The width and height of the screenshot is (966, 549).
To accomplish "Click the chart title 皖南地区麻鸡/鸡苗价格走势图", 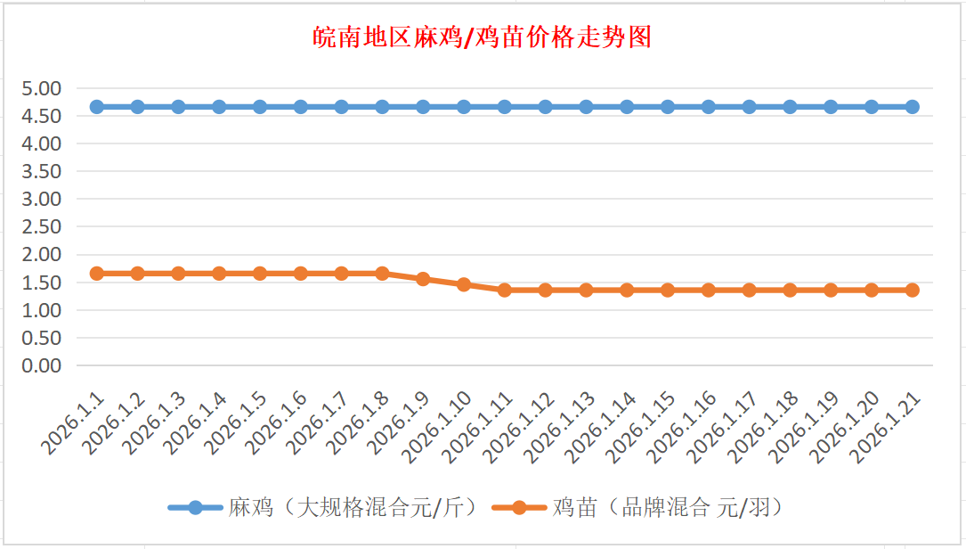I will pyautogui.click(x=482, y=37).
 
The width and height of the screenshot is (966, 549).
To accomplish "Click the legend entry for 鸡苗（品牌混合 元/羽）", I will pyautogui.click(x=654, y=508).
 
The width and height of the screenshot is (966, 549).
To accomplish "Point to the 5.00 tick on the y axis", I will pyautogui.click(x=42, y=88).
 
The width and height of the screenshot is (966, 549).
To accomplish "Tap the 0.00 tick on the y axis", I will pyautogui.click(x=42, y=365).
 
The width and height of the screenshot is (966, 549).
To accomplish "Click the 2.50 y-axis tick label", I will pyautogui.click(x=42, y=226).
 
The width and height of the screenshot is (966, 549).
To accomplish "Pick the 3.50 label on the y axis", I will pyautogui.click(x=42, y=171).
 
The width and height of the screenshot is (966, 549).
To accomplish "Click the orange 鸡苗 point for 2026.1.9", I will pyautogui.click(x=423, y=279).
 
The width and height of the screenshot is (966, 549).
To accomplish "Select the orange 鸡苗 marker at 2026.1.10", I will pyautogui.click(x=464, y=284).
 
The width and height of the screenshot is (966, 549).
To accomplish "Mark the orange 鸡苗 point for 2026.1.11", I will pyautogui.click(x=505, y=290).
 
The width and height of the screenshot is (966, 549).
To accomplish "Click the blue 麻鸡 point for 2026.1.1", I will pyautogui.click(x=96, y=107).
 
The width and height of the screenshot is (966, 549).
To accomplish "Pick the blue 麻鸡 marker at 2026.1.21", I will pyautogui.click(x=913, y=107).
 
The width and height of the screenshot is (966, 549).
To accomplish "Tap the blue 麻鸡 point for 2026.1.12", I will pyautogui.click(x=546, y=107).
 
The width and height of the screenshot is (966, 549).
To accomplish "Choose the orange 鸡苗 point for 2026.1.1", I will pyautogui.click(x=96, y=273).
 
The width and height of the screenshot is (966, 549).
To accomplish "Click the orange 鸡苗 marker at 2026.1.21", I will pyautogui.click(x=913, y=290).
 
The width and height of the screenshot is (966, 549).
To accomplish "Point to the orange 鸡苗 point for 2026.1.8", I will pyautogui.click(x=382, y=273).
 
